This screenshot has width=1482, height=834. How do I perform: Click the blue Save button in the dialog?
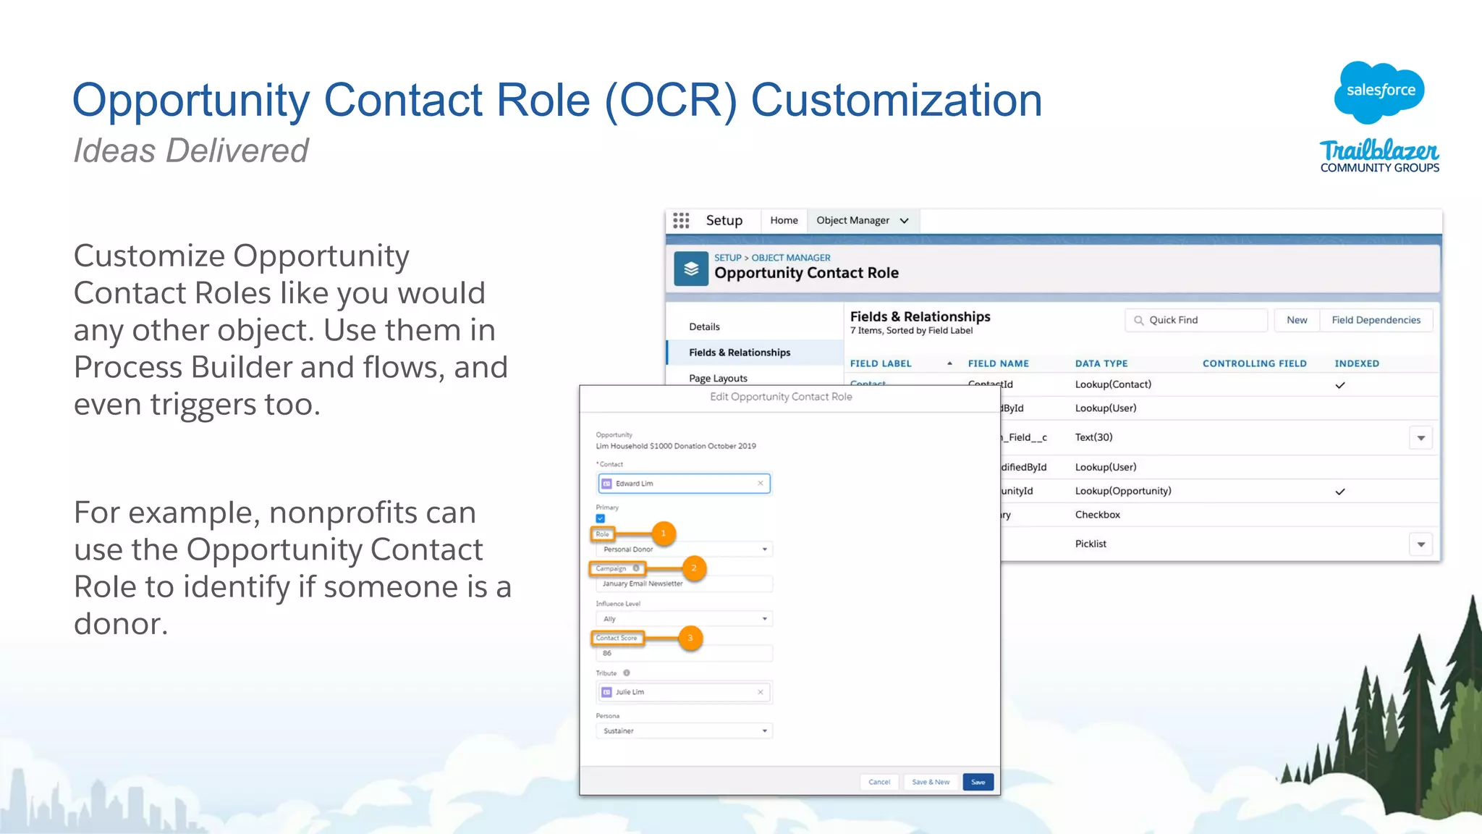click(978, 782)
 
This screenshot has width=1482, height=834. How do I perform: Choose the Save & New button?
click(931, 782)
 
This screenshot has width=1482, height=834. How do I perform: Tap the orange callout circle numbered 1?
click(663, 534)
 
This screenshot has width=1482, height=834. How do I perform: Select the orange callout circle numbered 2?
click(693, 568)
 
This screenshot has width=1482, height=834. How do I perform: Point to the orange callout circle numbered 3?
click(690, 638)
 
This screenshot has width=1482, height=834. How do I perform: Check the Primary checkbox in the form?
click(601, 518)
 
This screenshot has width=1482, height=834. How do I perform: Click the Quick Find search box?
click(1196, 320)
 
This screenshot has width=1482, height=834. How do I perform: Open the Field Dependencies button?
click(1376, 320)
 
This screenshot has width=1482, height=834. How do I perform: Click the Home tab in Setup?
click(784, 221)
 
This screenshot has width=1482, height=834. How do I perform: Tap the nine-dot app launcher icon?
click(681, 221)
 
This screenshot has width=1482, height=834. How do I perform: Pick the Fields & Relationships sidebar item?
click(740, 353)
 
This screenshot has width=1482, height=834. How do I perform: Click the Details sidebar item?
click(704, 327)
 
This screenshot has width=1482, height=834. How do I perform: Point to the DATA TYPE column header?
click(1101, 363)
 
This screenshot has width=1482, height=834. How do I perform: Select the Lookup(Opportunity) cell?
click(1122, 491)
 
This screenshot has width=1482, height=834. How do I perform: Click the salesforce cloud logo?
click(1379, 91)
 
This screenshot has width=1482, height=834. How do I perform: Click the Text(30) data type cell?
click(1093, 437)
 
